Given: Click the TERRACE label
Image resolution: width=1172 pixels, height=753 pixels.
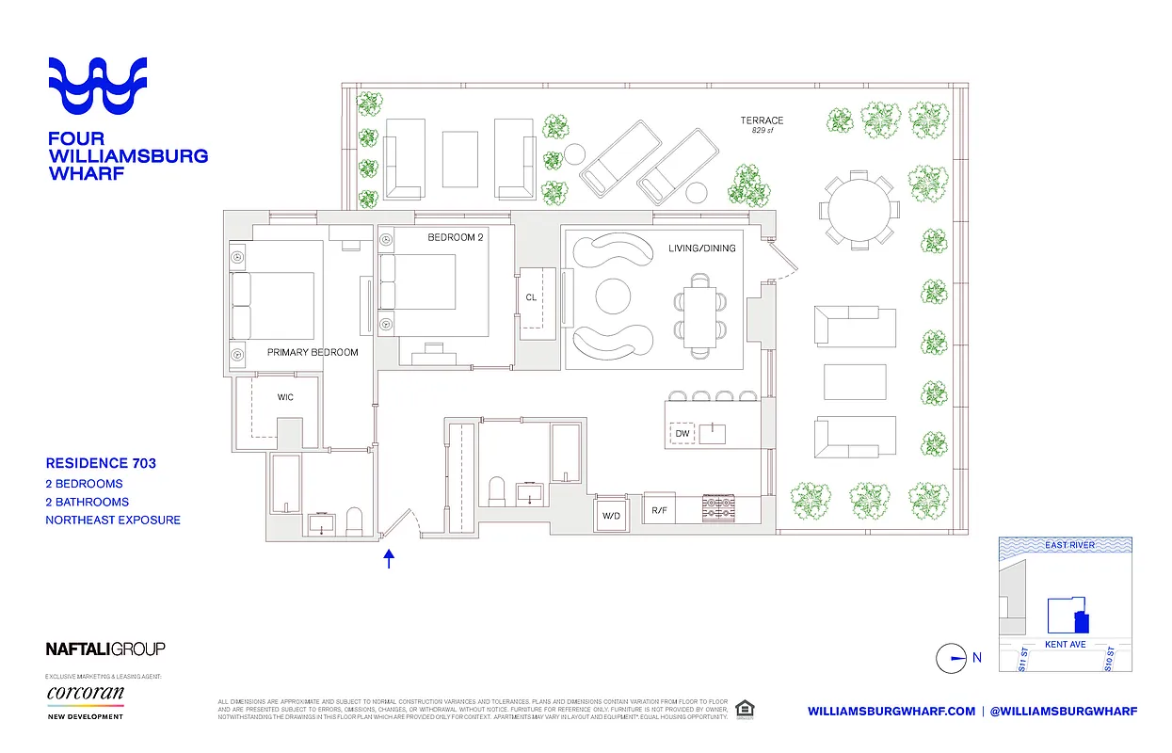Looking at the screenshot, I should [761, 120].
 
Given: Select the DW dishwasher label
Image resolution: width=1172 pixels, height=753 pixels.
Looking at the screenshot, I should [682, 434].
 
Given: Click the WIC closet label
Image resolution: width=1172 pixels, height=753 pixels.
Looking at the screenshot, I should [285, 397].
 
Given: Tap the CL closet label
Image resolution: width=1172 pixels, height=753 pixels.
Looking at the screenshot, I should [531, 297].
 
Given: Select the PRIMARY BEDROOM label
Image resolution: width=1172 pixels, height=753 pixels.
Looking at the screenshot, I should [313, 353].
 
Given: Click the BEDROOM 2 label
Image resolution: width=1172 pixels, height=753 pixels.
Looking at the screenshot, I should [455, 237].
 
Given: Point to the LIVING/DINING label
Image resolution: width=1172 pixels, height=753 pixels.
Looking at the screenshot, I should [701, 248].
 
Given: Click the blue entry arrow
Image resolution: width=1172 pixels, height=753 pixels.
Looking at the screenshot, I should [389, 559].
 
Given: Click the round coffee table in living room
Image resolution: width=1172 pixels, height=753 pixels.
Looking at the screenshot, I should [615, 296].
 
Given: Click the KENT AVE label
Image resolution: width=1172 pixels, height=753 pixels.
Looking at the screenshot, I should [1066, 645].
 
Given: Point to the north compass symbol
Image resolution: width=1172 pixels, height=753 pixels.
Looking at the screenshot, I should [951, 658].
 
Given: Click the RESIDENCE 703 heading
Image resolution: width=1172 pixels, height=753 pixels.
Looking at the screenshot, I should [101, 463].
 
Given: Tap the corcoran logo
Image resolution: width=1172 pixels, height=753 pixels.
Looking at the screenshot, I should [85, 694].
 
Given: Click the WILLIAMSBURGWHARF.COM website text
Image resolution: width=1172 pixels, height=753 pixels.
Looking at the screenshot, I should [891, 711].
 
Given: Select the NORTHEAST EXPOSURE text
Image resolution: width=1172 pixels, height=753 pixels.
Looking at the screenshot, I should [113, 520].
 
